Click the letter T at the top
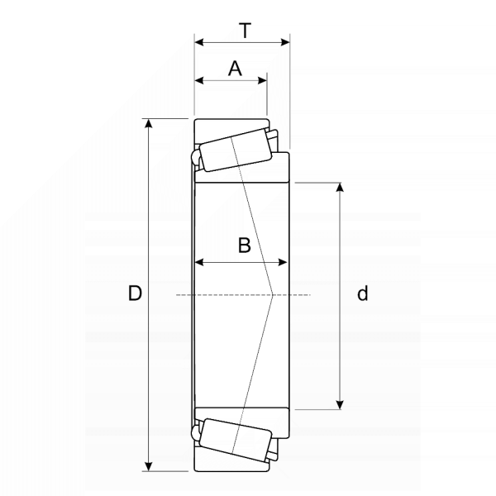pyautogui.click(x=246, y=31)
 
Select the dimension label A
pyautogui.click(x=235, y=69)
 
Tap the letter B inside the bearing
pyautogui.click(x=244, y=246)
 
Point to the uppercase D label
pyautogui.click(x=135, y=293)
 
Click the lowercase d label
pyautogui.click(x=363, y=293)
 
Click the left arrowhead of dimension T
pyautogui.click(x=199, y=42)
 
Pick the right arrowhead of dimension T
pyautogui.click(x=285, y=42)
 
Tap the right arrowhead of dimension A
pyautogui.click(x=263, y=80)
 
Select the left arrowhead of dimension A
pyautogui.click(x=199, y=80)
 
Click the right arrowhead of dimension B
pyautogui.click(x=283, y=262)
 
